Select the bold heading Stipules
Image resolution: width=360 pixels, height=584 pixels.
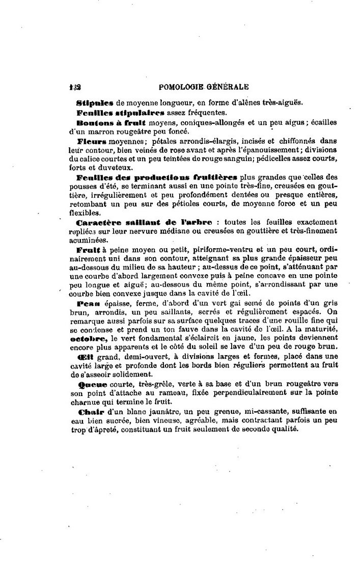pos(90,102)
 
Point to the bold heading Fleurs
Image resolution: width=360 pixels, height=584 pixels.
pos(92,141)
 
